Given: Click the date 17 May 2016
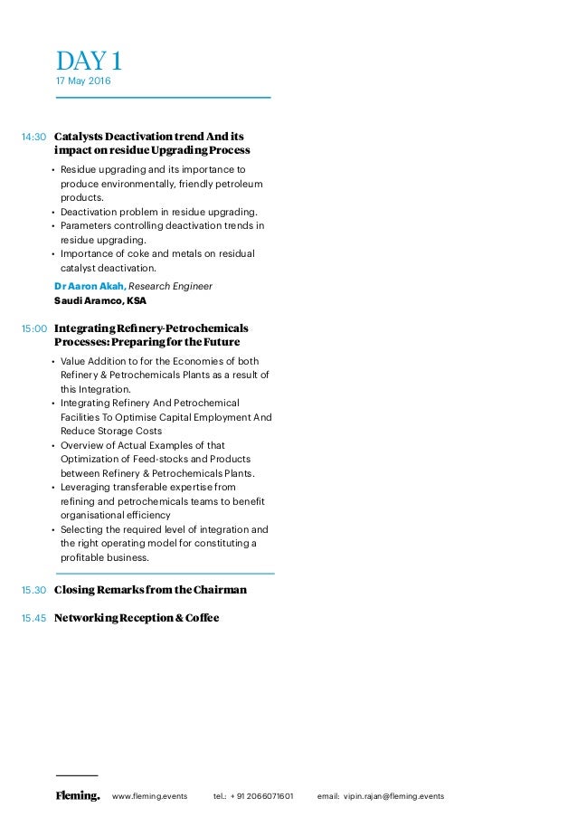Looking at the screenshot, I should (83, 82).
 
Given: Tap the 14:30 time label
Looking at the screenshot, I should (33, 137).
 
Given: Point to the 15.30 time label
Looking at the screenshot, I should (33, 591).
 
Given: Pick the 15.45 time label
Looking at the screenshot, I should (33, 619).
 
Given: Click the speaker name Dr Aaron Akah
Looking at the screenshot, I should (90, 286).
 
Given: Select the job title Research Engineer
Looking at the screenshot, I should (171, 286).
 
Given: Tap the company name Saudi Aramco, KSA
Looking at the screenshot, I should (99, 300).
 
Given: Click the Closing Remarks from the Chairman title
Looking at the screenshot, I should (150, 590).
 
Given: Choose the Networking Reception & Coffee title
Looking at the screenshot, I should (137, 619).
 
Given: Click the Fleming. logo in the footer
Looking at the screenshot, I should (77, 796).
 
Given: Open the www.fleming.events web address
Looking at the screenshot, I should (149, 796).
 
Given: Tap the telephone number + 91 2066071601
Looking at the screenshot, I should (261, 796).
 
